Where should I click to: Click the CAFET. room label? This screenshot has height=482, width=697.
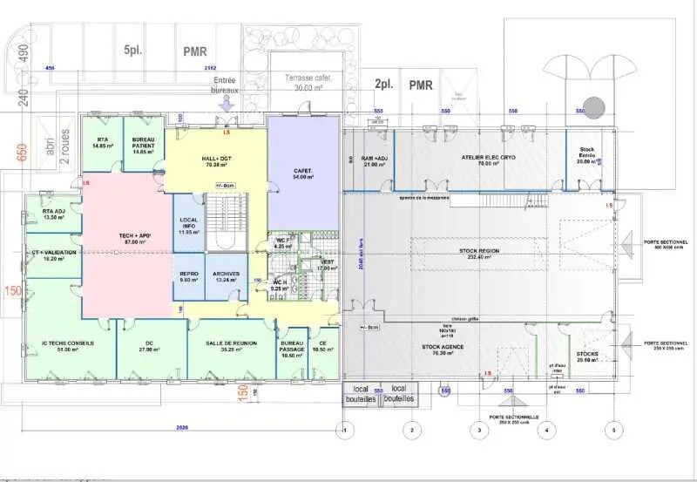[x=302, y=172]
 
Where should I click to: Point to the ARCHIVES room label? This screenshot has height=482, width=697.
[x=225, y=275]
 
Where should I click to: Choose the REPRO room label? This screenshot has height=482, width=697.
[x=189, y=275]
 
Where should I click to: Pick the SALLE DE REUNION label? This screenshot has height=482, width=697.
[x=231, y=343]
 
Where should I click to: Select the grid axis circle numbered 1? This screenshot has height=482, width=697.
[x=346, y=429]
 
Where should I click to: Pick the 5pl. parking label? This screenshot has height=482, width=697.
[x=132, y=51]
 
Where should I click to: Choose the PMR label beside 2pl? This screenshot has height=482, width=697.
[x=422, y=85]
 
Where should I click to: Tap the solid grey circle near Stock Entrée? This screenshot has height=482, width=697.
[x=593, y=108]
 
